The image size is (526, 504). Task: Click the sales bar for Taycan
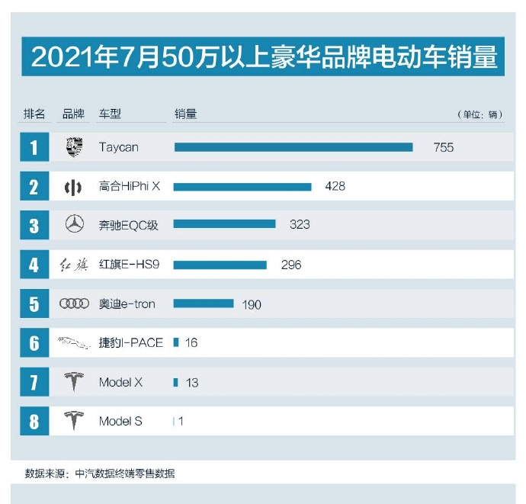(293, 147)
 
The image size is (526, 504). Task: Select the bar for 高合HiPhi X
(242, 186)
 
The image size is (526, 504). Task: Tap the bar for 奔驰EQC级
(224, 225)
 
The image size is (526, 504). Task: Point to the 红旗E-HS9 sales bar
(220, 265)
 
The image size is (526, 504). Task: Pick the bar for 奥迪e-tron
(204, 303)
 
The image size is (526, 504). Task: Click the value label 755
(444, 147)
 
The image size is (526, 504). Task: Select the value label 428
(335, 186)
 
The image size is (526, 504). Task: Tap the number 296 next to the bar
(290, 265)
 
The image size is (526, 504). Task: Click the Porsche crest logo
(74, 147)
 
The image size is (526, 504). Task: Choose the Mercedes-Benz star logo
(74, 225)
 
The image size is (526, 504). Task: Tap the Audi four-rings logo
(74, 303)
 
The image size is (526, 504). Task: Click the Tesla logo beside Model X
(74, 382)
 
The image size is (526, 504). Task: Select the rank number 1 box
(34, 147)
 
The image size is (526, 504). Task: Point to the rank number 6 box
(34, 343)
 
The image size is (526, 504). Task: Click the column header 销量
(185, 114)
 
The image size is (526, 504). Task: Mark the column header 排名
(34, 114)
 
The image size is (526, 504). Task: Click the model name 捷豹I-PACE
(131, 343)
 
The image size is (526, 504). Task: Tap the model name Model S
(120, 421)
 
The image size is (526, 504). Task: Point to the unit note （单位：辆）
(480, 115)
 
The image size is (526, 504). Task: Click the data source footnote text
(100, 474)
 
